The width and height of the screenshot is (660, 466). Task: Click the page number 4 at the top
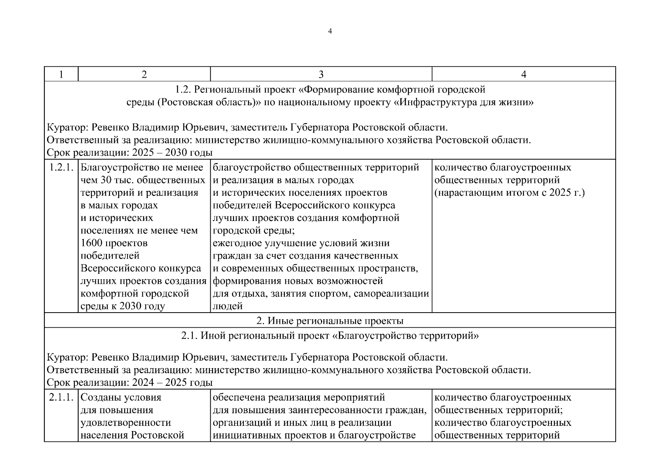click(x=330, y=31)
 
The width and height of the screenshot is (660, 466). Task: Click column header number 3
click(x=321, y=74)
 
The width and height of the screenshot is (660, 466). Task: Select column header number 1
click(x=61, y=74)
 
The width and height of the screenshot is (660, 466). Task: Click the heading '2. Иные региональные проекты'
click(x=330, y=321)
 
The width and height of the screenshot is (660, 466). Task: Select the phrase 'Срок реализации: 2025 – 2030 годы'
click(x=130, y=153)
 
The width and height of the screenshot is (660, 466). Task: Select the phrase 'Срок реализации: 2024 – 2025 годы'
click(x=130, y=383)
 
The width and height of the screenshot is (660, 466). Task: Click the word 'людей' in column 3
click(x=228, y=306)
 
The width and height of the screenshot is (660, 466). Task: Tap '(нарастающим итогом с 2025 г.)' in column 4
click(x=509, y=193)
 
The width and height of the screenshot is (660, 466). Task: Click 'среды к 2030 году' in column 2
click(x=122, y=306)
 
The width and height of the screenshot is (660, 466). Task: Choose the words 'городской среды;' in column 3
click(x=253, y=231)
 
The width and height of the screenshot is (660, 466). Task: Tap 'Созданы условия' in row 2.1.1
click(x=120, y=398)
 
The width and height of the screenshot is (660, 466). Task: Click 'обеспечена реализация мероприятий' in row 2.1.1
click(x=299, y=398)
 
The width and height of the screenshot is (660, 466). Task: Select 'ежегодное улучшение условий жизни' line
click(x=301, y=243)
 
